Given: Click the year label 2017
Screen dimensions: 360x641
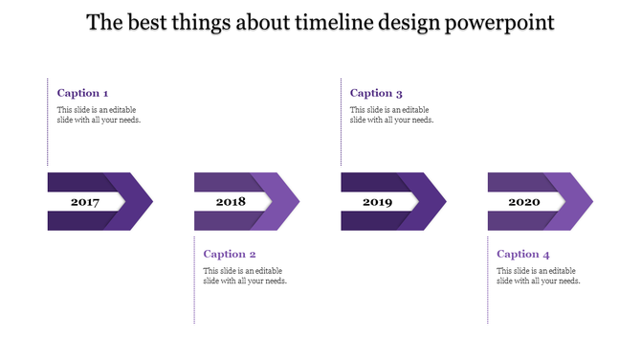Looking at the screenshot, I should [x=84, y=202].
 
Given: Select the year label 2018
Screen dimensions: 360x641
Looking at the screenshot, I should [x=231, y=202].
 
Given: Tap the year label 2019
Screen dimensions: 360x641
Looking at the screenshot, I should [x=377, y=202].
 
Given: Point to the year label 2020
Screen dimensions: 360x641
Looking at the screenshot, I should [x=523, y=202].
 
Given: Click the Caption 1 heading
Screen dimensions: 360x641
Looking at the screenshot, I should [x=82, y=93].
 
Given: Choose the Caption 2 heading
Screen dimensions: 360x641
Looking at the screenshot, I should [x=230, y=254].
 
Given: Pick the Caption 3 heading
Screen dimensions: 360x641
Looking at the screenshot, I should [x=376, y=93].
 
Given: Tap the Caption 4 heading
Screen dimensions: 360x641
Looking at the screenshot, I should [x=523, y=254].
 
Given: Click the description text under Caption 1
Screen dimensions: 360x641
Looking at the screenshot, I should [x=99, y=115].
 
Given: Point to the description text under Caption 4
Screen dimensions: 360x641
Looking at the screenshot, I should [x=539, y=276].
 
